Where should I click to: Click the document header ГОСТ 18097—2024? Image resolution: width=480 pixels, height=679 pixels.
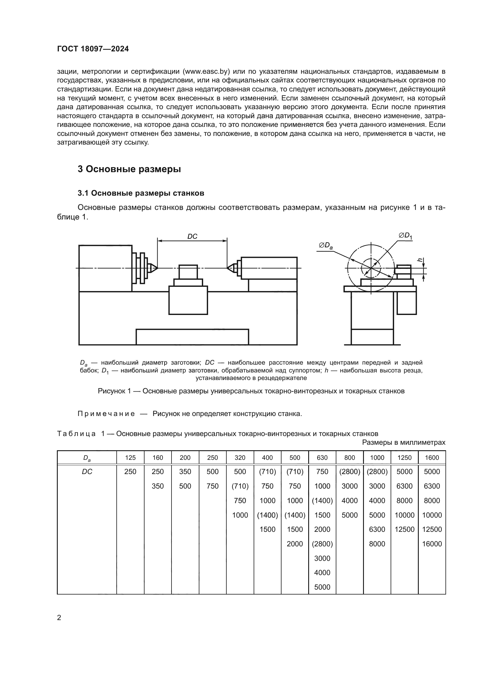93,49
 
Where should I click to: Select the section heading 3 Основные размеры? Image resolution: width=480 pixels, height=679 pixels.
129,169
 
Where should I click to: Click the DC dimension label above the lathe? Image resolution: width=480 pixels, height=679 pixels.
192,237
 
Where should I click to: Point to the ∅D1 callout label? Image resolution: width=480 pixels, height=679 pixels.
405,236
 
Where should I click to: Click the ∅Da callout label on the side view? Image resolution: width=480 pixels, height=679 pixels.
326,246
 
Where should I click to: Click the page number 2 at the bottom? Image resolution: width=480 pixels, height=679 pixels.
59,617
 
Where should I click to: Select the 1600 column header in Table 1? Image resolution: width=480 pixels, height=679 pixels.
432,458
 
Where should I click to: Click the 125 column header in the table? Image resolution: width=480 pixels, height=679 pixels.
130,458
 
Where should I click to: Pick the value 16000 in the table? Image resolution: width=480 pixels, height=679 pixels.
432,543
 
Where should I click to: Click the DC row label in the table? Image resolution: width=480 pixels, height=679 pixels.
87,472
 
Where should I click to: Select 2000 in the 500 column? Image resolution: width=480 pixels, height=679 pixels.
295,543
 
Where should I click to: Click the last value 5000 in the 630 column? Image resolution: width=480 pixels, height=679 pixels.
322,587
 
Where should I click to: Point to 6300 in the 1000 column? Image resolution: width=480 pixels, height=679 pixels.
377,529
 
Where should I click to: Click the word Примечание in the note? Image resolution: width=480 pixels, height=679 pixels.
106,414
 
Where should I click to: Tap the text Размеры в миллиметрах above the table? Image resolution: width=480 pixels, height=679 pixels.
403,442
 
